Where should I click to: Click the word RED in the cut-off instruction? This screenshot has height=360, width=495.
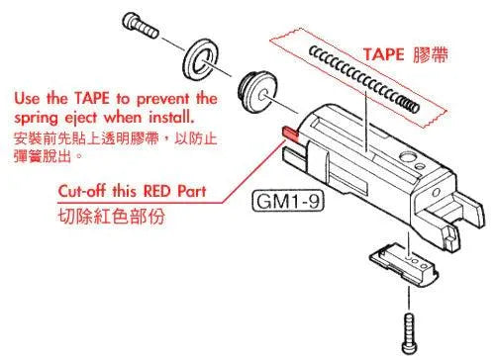[152, 192]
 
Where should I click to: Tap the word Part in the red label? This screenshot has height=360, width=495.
[191, 192]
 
